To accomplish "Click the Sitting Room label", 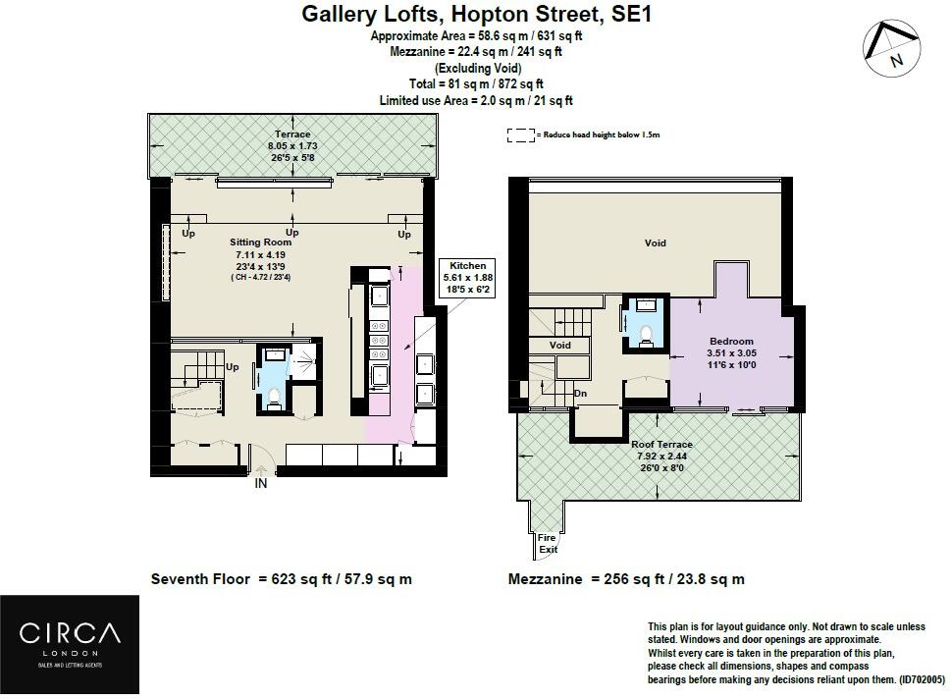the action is coord(260,242).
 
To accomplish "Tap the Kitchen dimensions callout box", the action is coord(467,278).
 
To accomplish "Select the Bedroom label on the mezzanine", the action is coord(731,341).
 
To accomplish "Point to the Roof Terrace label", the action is coord(661,444).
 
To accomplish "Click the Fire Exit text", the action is coord(547,544).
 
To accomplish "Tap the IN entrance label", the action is coord(261,483).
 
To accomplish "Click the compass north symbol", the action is coord(892,48).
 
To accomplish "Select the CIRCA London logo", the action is coord(70,644).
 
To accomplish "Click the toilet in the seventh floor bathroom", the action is coord(274,399).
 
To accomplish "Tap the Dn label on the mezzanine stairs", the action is coord(580,393).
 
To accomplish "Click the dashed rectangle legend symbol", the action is coord(521,135).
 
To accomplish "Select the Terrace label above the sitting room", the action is coord(292,135).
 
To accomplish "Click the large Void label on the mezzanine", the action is coord(655,242).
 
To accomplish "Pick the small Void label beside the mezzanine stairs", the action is coord(559,345).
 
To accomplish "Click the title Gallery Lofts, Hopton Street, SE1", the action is coord(477,14).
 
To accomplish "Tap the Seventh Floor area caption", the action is coord(282,578).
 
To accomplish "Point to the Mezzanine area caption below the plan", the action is coord(626,578).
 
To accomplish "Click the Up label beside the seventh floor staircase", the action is coord(233,367).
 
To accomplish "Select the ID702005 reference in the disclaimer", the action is coord(921,680).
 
